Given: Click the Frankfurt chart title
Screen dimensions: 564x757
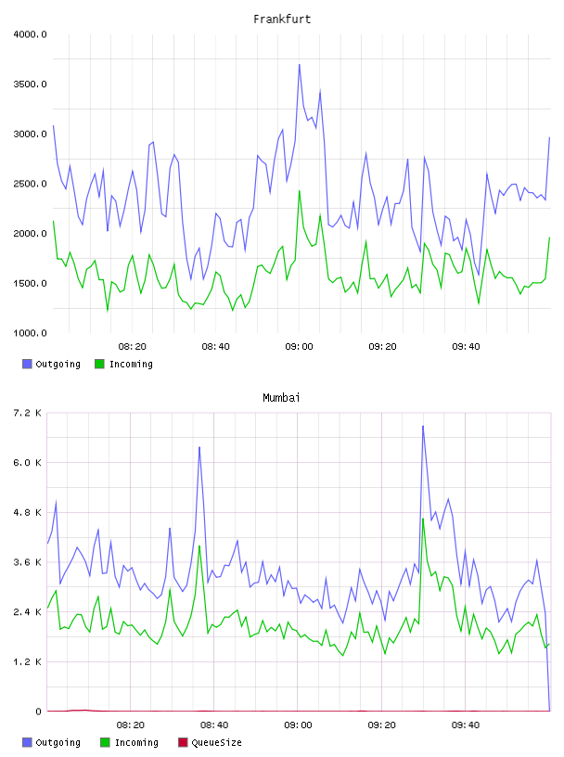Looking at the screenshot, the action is [x=282, y=19].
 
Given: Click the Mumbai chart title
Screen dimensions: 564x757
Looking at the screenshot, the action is [x=281, y=398].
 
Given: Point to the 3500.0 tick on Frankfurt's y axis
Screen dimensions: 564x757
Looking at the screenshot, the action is [x=30, y=84].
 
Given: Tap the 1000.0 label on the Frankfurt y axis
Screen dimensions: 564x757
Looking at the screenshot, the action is [x=30, y=333].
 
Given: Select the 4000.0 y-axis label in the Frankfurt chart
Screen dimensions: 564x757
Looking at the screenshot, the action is [x=30, y=34].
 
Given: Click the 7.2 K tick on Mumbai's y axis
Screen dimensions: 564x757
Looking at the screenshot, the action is [x=28, y=413].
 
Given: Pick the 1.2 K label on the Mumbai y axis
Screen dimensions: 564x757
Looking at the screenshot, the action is [x=28, y=661].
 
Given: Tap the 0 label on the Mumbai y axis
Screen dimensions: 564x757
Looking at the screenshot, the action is [x=38, y=712].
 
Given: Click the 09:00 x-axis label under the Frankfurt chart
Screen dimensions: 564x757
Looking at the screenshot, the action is [x=299, y=347].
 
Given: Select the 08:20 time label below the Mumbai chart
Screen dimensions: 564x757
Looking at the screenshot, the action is [x=131, y=725].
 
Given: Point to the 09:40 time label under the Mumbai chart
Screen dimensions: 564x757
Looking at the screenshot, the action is [x=466, y=725].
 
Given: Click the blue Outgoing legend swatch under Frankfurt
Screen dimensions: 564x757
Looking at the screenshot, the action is [x=27, y=364].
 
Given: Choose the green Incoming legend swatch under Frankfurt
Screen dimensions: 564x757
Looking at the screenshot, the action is [x=99, y=364].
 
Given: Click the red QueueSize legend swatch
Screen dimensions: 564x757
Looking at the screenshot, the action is [x=183, y=742].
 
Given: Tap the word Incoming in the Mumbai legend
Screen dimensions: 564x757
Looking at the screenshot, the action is [x=136, y=743].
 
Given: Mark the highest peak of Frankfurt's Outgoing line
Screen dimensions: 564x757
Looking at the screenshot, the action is [x=300, y=64].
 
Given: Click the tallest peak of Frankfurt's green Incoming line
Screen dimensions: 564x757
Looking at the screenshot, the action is [x=300, y=191].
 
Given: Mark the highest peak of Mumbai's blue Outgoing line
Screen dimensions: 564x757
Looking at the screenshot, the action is [x=423, y=426].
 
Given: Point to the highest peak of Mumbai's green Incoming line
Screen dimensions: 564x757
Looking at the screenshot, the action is [x=423, y=519].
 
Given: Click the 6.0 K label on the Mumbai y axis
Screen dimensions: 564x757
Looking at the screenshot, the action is [x=28, y=463].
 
